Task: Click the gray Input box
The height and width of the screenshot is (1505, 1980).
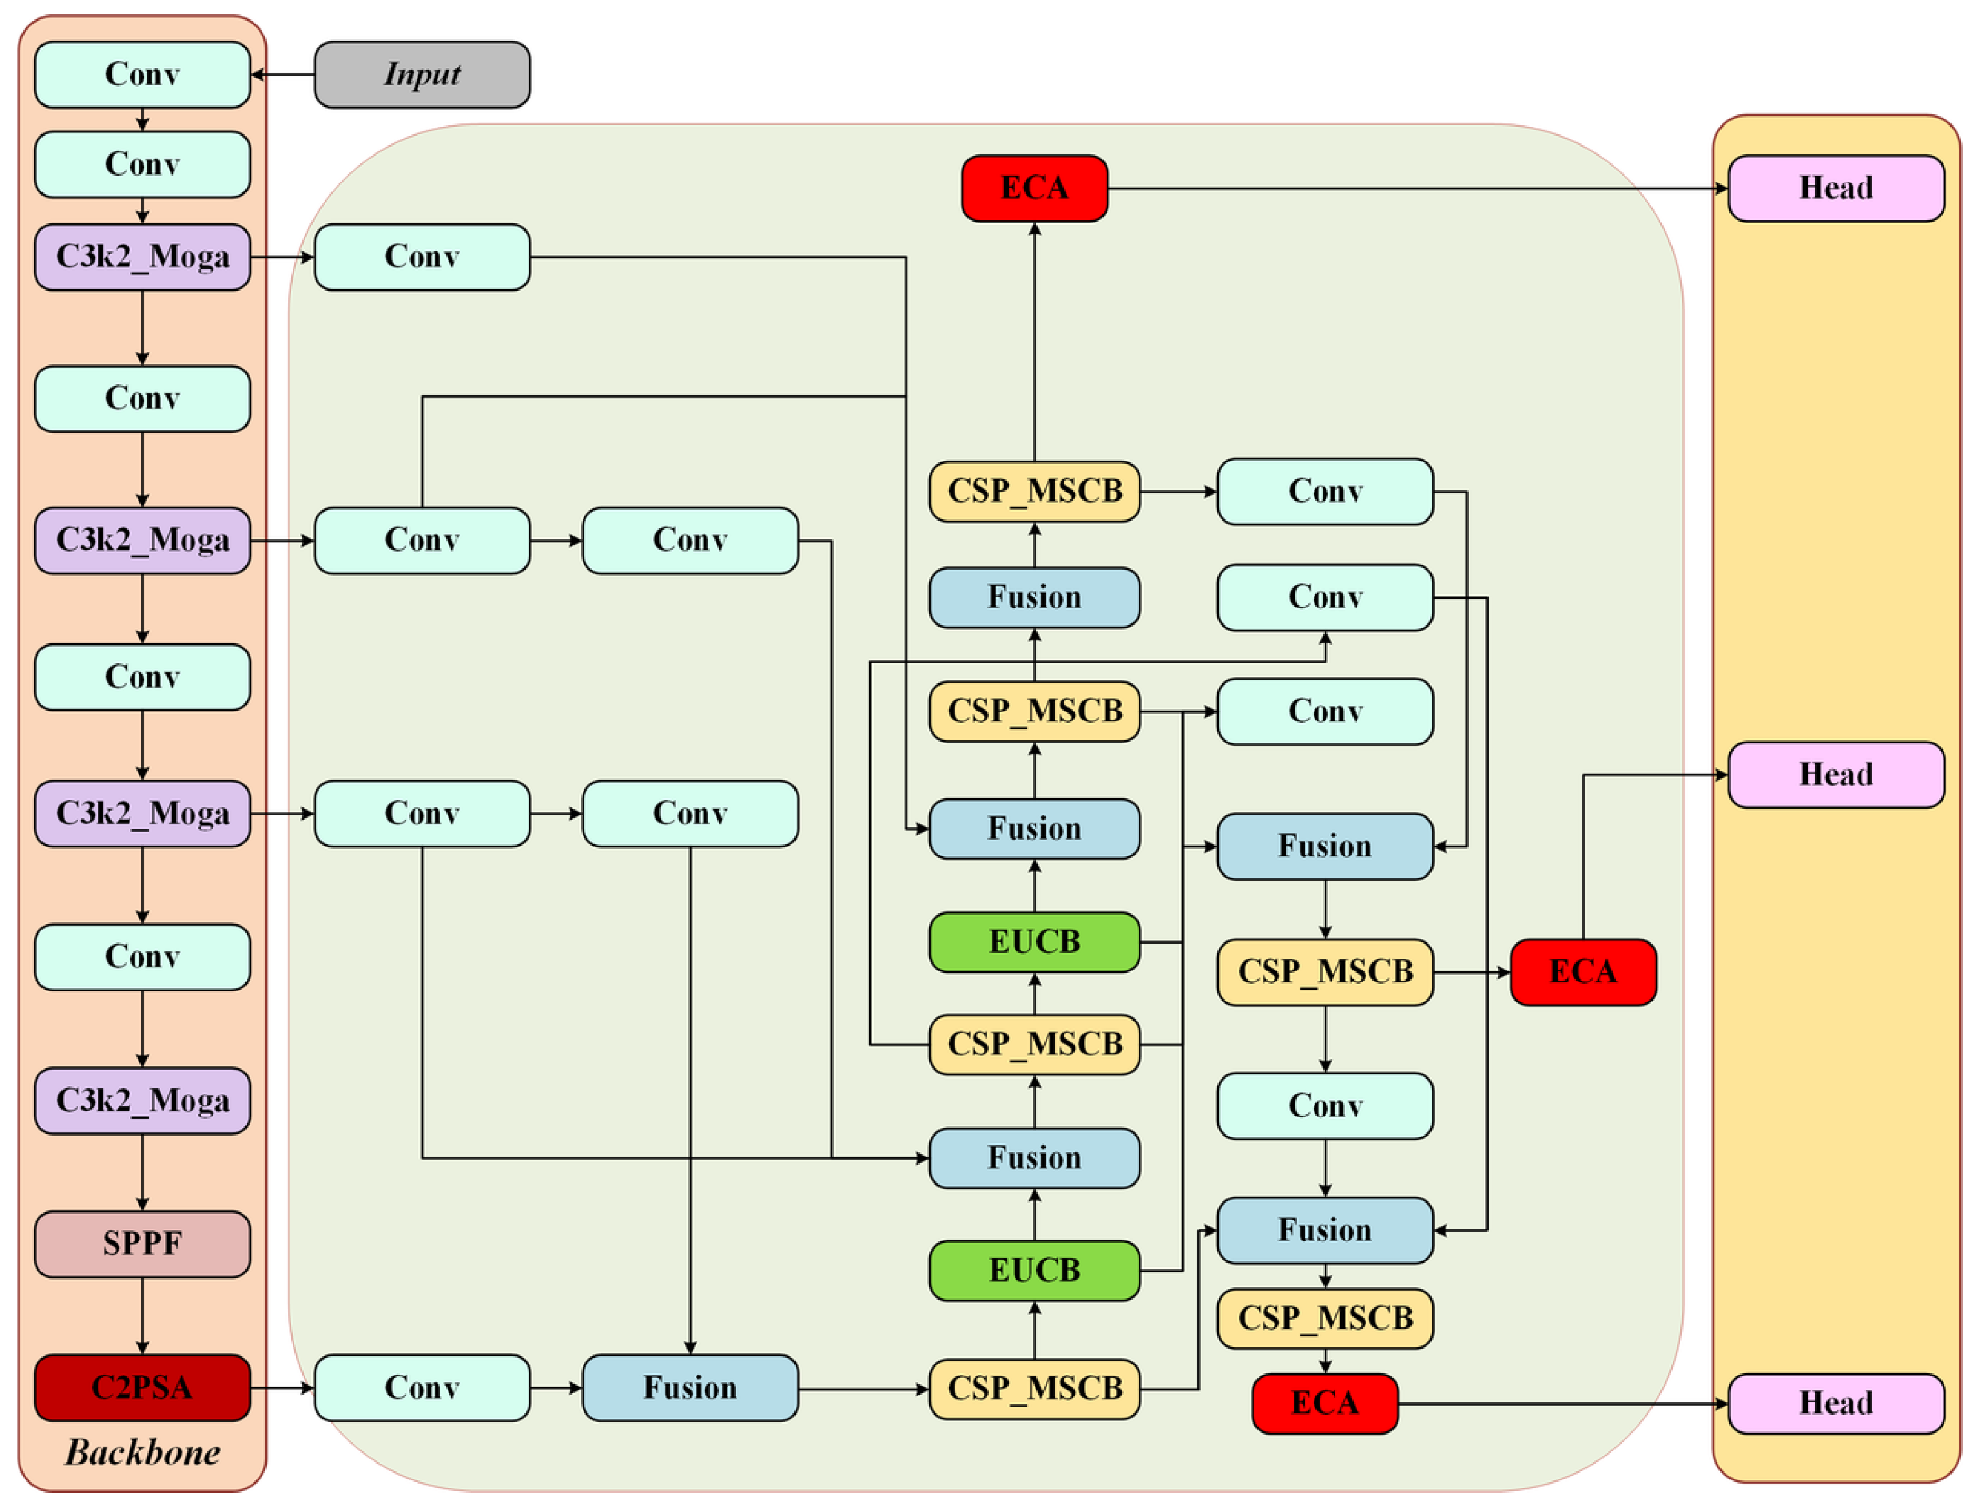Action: click(x=422, y=74)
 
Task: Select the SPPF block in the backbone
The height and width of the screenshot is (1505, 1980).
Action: click(x=142, y=1244)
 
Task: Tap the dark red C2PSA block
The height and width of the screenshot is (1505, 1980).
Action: click(x=142, y=1387)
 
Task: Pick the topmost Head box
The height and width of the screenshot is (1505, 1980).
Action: click(x=1836, y=188)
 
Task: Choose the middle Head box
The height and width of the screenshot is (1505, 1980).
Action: click(x=1836, y=775)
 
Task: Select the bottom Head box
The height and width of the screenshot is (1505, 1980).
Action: click(x=1836, y=1404)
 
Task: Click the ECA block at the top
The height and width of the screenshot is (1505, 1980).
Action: click(x=1035, y=188)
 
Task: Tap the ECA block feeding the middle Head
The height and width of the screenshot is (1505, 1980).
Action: click(x=1583, y=972)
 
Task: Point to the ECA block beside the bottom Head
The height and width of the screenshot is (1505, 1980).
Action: click(x=1325, y=1404)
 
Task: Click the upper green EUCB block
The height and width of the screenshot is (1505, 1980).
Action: click(x=1035, y=942)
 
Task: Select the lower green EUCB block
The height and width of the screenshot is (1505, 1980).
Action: click(x=1035, y=1271)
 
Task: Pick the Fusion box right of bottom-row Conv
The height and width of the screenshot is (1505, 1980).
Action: click(x=690, y=1387)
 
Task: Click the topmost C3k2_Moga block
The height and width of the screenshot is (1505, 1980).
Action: click(x=142, y=257)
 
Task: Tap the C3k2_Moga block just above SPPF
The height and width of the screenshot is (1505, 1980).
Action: click(x=142, y=1101)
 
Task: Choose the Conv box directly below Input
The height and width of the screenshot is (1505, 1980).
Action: click(x=422, y=257)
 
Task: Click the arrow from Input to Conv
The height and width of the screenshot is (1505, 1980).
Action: click(x=283, y=74)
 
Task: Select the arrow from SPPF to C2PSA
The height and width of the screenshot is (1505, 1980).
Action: click(x=142, y=1316)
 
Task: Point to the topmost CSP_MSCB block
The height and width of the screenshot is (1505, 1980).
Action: click(x=1035, y=492)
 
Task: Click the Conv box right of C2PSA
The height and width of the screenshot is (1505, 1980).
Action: click(x=422, y=1387)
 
